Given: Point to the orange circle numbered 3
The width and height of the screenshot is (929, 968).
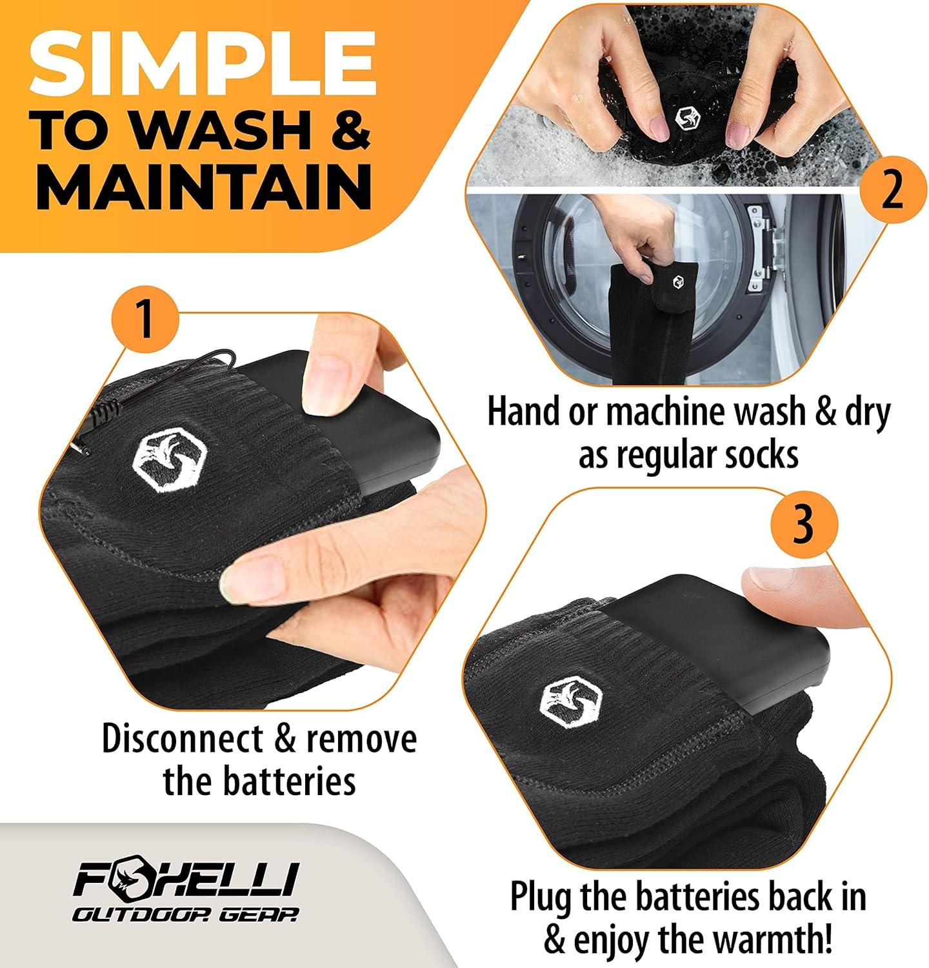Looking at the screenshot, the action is [x=802, y=525].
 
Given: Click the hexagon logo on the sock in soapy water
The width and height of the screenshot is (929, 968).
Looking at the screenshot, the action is [x=684, y=117].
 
